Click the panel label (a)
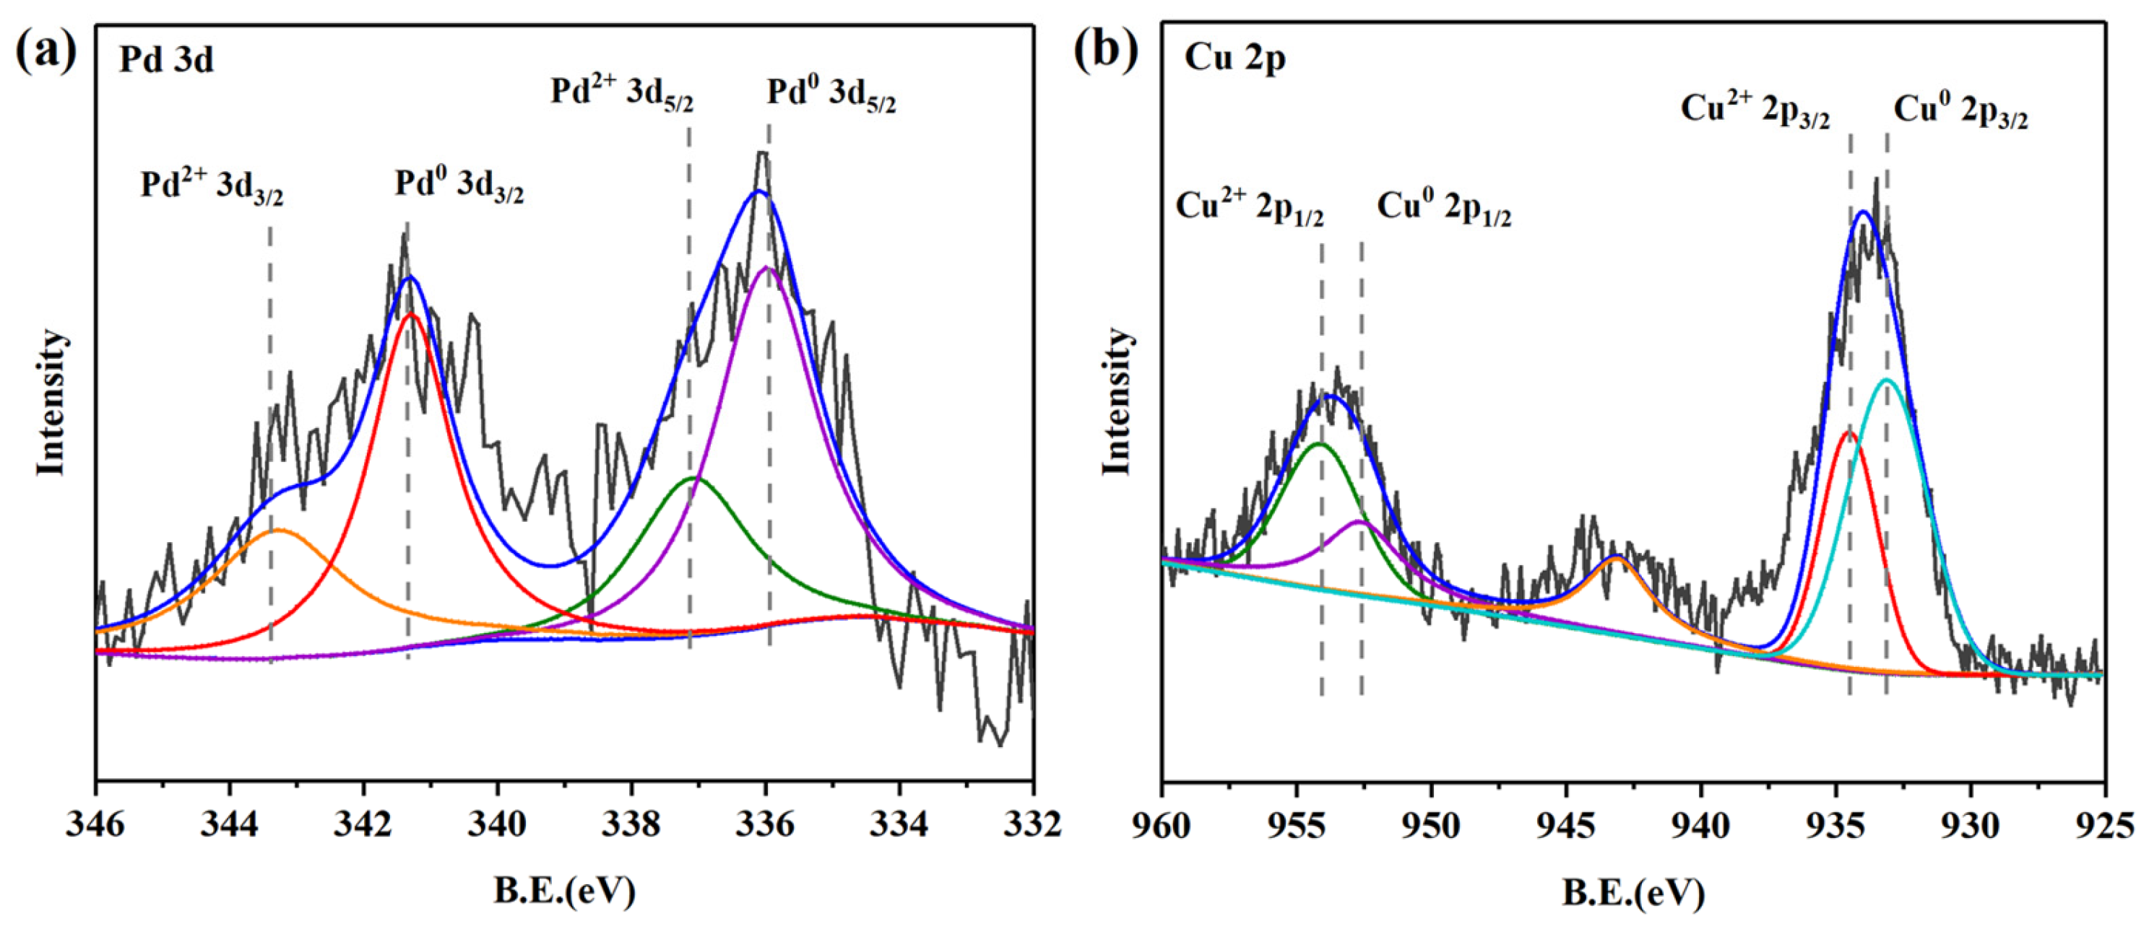click(x=46, y=52)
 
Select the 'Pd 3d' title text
click(x=166, y=60)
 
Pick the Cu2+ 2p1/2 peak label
click(x=1249, y=207)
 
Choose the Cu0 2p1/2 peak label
click(x=1443, y=208)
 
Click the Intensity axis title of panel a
click(x=51, y=403)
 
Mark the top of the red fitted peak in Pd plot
click(x=409, y=315)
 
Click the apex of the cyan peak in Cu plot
click(x=1886, y=380)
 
